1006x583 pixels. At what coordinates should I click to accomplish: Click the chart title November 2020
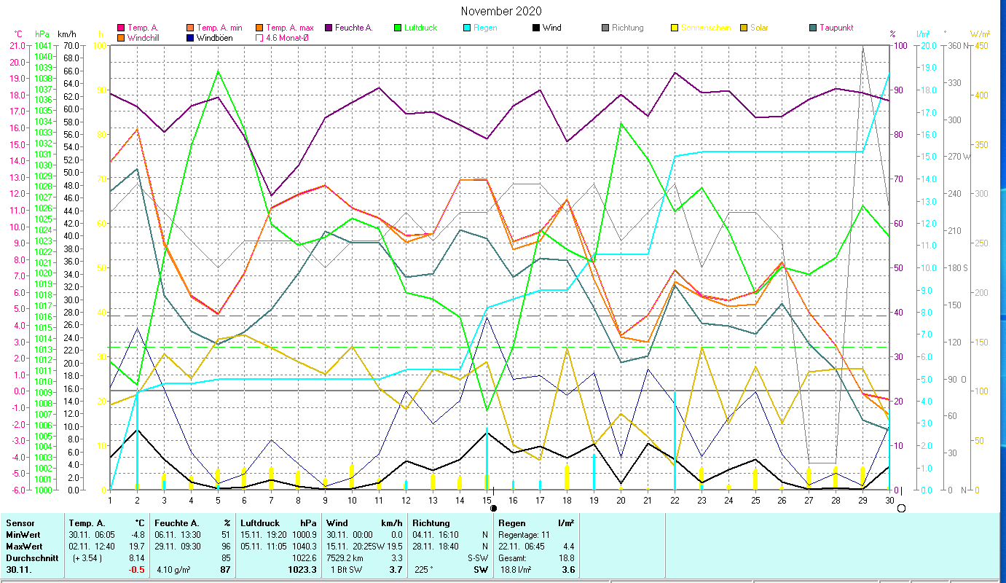click(x=501, y=11)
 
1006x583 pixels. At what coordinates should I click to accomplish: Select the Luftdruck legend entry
click(x=420, y=28)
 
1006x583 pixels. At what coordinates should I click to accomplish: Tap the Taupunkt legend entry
click(x=836, y=28)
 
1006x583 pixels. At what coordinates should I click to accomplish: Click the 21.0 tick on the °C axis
click(x=17, y=46)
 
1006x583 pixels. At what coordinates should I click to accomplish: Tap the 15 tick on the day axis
click(x=487, y=499)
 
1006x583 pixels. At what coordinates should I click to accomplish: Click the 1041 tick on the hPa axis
click(x=43, y=46)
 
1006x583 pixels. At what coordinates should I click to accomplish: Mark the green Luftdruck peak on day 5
click(x=219, y=71)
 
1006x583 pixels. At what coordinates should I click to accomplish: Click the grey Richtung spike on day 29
click(x=862, y=47)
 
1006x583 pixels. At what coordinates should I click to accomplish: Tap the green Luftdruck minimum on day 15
click(x=487, y=411)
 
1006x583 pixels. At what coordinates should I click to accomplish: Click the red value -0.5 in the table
click(x=137, y=569)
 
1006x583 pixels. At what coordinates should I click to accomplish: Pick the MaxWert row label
click(x=25, y=546)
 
